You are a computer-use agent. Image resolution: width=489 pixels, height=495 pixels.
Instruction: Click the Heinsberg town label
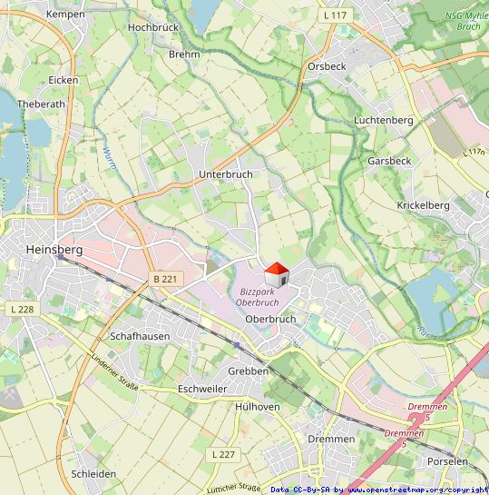click(54, 249)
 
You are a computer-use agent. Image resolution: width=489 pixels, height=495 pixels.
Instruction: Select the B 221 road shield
click(164, 279)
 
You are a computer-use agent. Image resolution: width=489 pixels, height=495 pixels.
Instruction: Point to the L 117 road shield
click(335, 15)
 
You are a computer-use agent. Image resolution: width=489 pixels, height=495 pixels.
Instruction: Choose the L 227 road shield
click(222, 453)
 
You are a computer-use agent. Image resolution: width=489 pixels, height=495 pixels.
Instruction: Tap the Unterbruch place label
click(225, 173)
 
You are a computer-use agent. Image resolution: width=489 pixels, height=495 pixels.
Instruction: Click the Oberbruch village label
click(270, 319)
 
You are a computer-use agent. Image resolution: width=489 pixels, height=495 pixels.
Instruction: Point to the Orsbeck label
click(327, 66)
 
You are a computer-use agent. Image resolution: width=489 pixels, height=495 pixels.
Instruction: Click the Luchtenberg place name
click(384, 120)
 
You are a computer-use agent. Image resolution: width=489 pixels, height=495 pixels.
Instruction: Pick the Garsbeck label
click(389, 161)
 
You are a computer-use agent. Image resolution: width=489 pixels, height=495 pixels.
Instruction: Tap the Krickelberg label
click(423, 205)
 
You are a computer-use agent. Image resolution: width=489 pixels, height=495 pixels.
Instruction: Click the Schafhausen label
click(140, 335)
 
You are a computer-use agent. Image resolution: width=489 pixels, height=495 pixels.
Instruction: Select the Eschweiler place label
click(202, 388)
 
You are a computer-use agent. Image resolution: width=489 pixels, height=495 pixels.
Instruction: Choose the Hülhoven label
click(257, 407)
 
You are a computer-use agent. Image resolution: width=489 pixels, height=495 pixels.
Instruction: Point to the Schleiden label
click(93, 474)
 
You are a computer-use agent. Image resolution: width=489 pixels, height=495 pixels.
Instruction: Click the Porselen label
click(447, 461)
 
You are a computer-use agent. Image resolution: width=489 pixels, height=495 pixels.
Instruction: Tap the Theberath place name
click(42, 104)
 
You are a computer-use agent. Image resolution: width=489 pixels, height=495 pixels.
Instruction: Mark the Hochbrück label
click(154, 27)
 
